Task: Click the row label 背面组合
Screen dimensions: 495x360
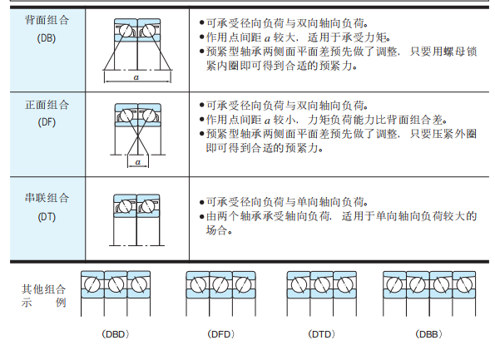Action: [47, 20]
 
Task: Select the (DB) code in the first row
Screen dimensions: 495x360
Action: [47, 38]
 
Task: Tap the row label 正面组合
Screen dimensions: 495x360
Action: [47, 105]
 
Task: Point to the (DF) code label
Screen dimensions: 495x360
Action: [47, 122]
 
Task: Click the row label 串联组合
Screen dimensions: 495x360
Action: [47, 198]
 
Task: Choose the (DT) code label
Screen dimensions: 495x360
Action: [47, 217]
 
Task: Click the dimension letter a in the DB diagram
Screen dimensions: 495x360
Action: [136, 77]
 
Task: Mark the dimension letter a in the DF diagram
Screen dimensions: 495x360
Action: [137, 162]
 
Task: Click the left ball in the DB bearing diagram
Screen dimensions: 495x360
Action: [126, 31]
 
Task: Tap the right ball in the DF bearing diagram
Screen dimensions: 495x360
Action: [149, 116]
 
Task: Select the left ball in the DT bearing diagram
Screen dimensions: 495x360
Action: [125, 207]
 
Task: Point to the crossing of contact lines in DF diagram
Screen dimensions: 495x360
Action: [137, 136]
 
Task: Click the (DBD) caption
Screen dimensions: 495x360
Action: [116, 334]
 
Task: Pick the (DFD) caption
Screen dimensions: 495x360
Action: [221, 334]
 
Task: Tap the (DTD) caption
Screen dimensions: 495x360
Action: [322, 334]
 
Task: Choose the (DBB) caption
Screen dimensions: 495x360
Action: [429, 334]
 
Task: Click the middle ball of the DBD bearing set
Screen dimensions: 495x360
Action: [116, 284]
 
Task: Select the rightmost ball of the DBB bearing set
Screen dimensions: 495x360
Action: [464, 284]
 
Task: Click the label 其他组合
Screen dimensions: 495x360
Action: [43, 289]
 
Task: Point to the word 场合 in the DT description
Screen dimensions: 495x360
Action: [217, 230]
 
